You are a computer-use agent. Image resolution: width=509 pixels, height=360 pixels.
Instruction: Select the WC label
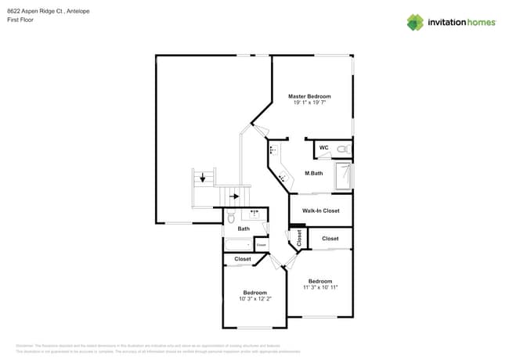click(323, 147)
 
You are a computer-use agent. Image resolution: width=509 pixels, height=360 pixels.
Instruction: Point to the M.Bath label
click(313, 173)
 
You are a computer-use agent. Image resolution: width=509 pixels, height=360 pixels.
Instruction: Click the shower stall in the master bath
click(344, 176)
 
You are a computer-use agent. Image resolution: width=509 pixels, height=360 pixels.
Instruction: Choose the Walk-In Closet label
click(320, 211)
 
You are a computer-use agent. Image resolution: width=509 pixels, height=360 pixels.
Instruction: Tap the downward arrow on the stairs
click(203, 178)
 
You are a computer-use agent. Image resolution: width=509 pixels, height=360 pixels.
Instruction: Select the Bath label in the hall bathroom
click(244, 229)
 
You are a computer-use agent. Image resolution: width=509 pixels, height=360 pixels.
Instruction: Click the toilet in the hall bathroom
click(232, 217)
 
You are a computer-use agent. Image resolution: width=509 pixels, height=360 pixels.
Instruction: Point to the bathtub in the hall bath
click(238, 244)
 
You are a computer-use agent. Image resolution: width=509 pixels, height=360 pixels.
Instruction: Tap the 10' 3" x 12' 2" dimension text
click(254, 299)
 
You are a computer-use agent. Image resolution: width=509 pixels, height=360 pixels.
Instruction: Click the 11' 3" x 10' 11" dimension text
click(320, 287)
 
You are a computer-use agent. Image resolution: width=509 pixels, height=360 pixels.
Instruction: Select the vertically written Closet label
click(299, 239)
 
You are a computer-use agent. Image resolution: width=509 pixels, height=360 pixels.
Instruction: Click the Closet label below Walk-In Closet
click(330, 239)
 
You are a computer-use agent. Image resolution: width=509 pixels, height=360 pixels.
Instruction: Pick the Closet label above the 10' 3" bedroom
click(243, 259)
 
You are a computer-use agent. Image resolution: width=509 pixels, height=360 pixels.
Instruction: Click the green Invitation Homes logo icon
click(415, 22)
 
